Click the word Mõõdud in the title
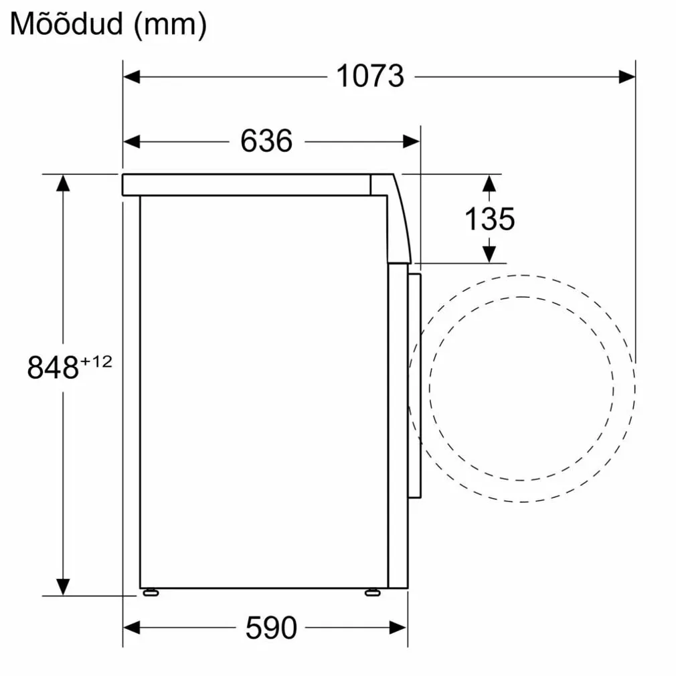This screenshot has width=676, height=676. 67,25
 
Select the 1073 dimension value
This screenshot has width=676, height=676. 370,76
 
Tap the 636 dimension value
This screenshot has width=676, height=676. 266,141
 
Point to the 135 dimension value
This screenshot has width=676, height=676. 489,219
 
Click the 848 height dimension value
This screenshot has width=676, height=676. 53,367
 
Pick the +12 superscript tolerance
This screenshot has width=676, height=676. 96,361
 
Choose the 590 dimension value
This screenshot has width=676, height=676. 271,628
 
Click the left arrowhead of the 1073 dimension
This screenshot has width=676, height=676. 131,77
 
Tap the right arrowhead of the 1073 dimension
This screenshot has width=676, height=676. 627,77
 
